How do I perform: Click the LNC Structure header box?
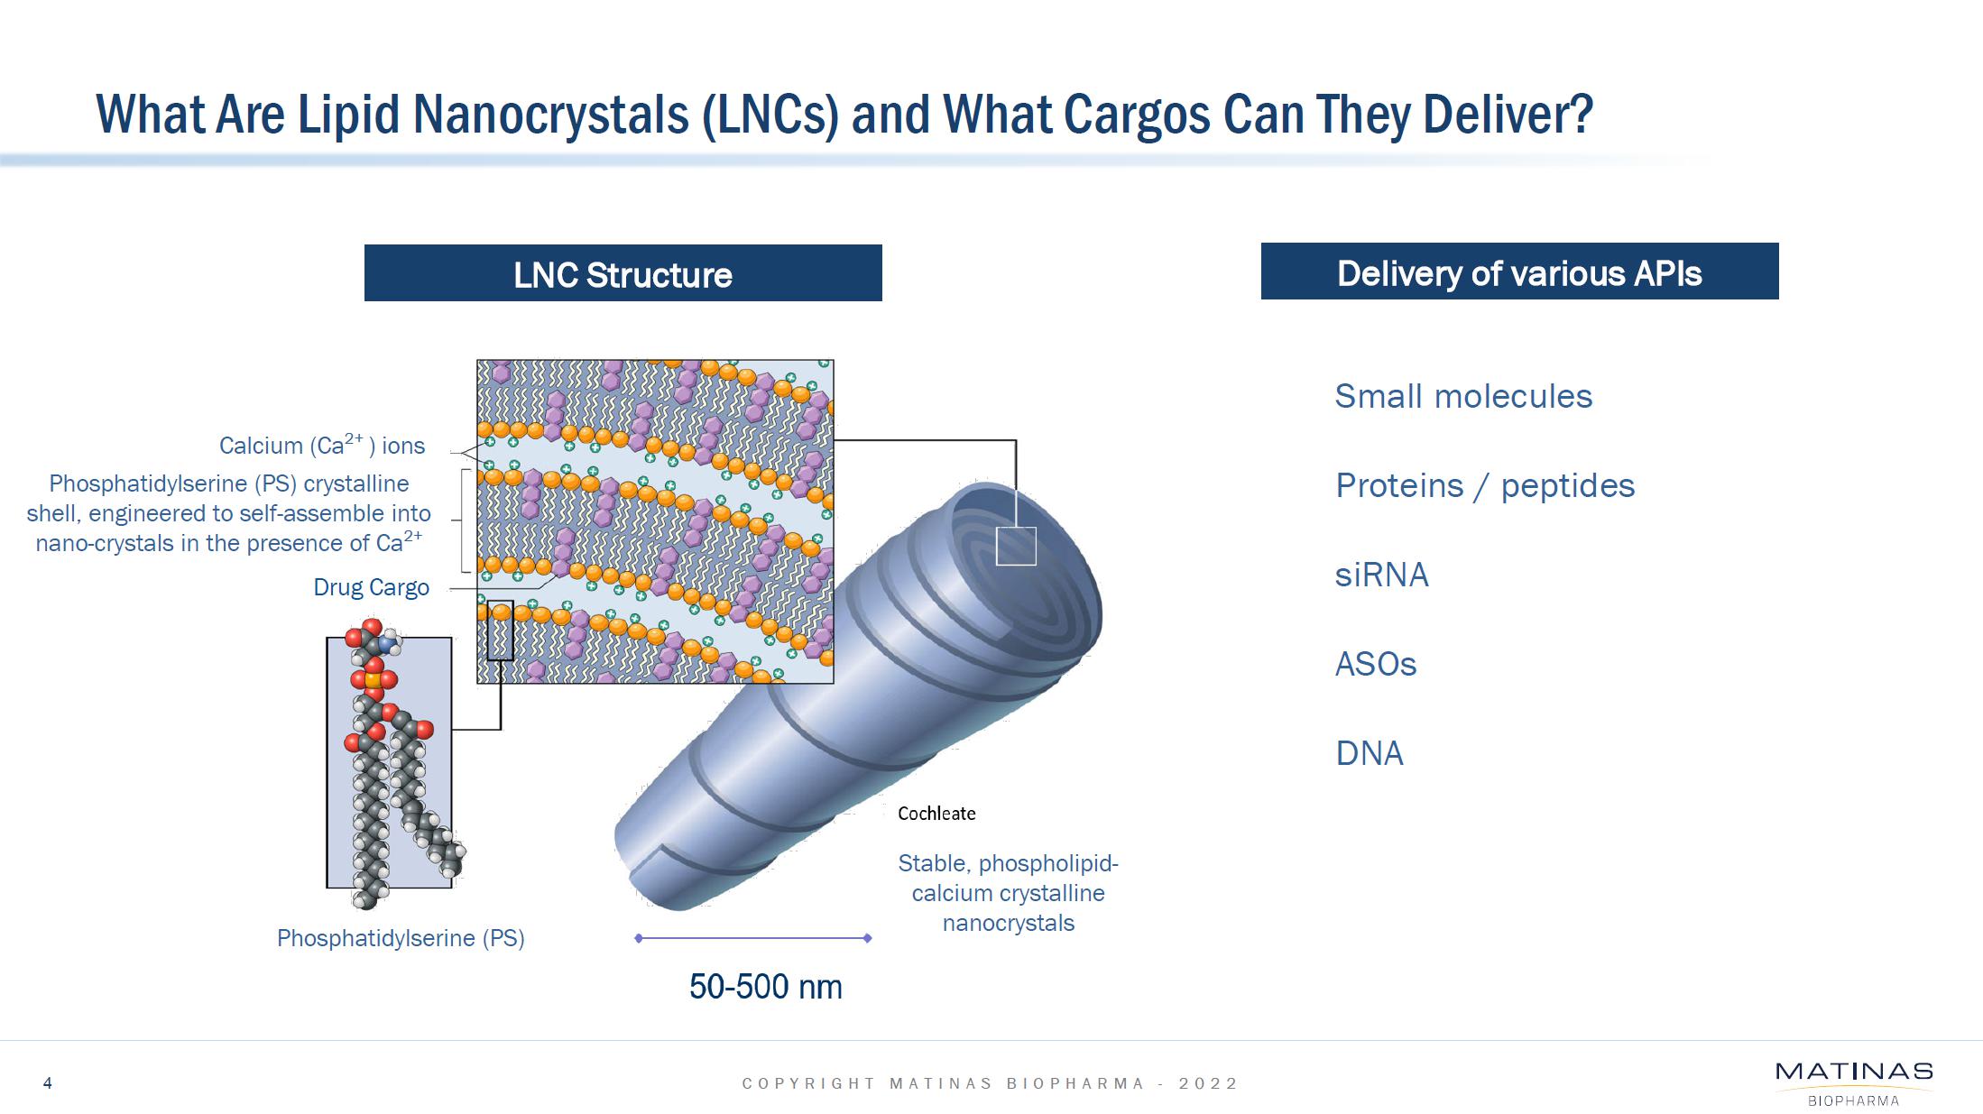pos(623,272)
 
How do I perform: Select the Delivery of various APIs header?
pos(1519,271)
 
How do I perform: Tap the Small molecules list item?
pos(1463,396)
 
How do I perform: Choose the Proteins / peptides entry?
pos(1485,485)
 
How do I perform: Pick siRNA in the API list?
pos(1381,575)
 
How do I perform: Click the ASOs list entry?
pos(1376,664)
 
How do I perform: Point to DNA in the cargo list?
pos(1370,753)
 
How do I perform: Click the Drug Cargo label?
pos(371,587)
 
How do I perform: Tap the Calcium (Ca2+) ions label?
pos(322,445)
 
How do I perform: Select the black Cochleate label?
pos(936,814)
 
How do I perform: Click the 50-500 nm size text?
pos(765,987)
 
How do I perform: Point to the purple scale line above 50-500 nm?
pos(752,938)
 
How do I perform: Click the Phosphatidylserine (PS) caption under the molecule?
pos(401,938)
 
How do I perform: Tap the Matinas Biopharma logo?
pos(1854,1082)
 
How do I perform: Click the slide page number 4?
pos(48,1083)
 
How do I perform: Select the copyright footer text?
pos(990,1083)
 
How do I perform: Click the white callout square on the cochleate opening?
pos(1016,547)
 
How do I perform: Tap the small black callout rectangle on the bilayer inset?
pos(500,631)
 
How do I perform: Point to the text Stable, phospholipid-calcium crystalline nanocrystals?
pos(1008,893)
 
